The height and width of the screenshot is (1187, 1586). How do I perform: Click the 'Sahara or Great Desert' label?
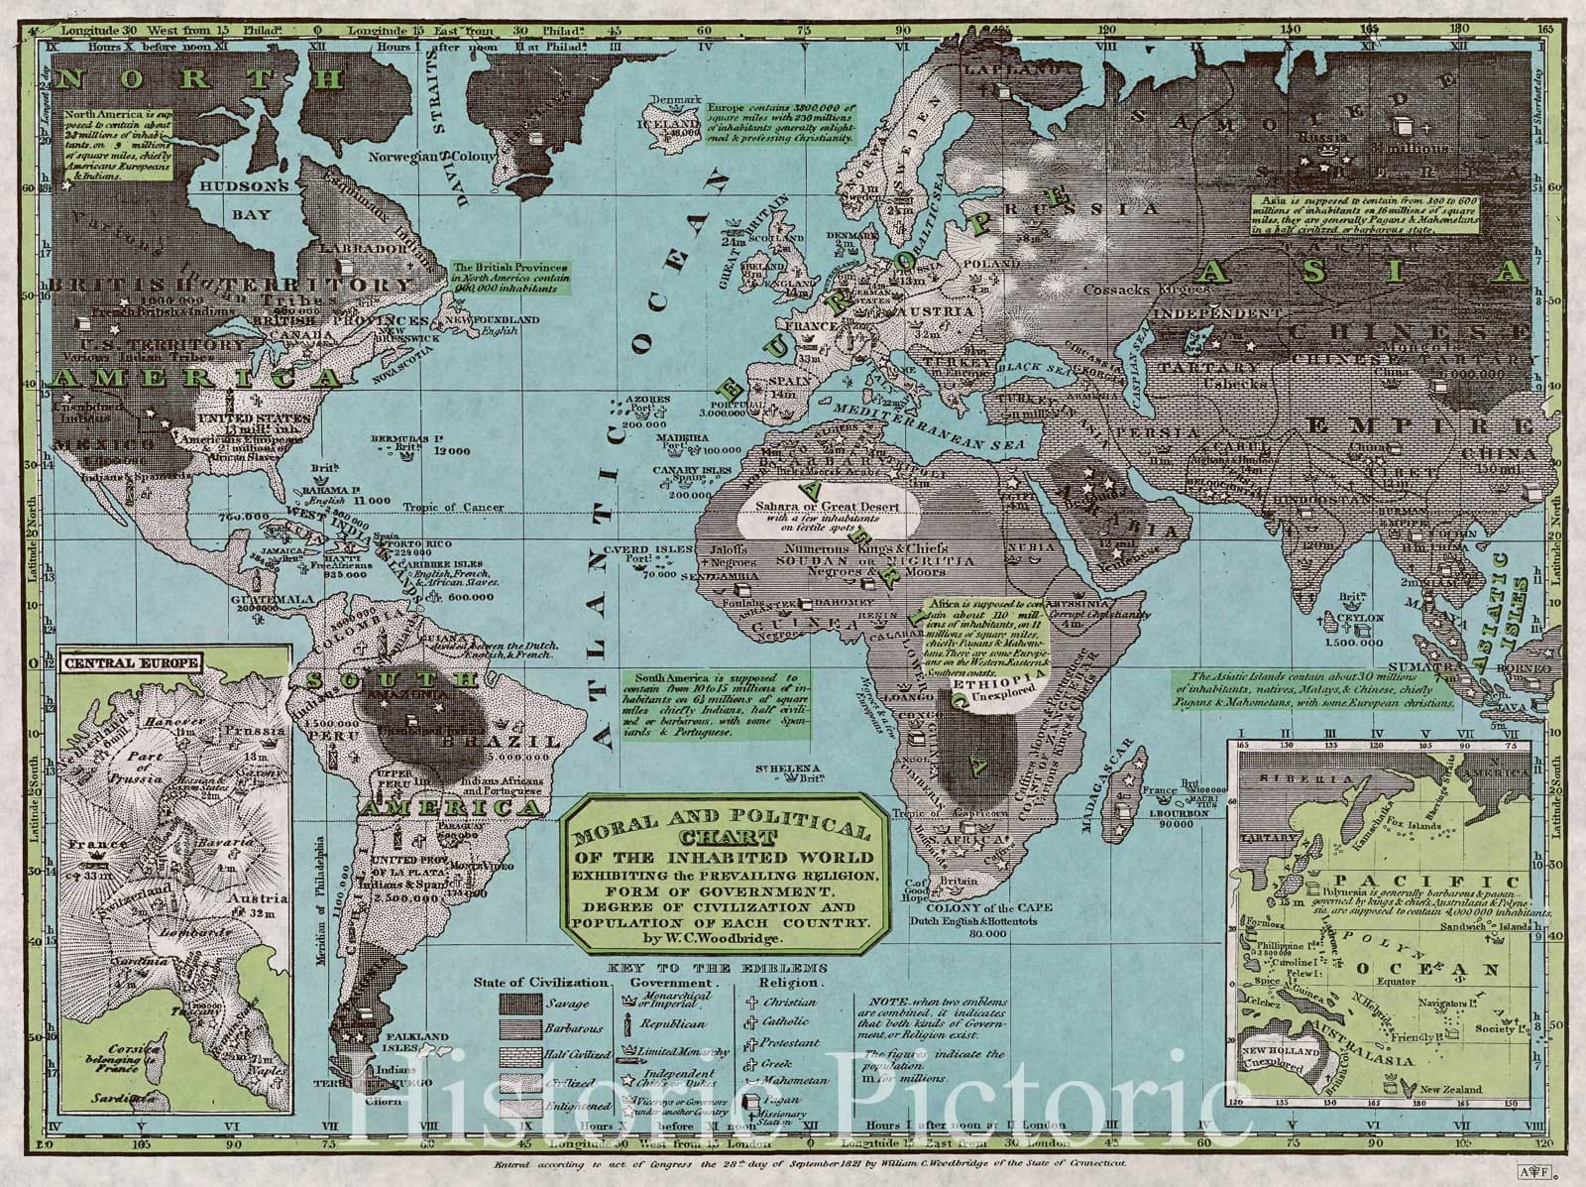[x=827, y=507]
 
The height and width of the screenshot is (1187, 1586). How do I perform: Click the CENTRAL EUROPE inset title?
[x=130, y=661]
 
